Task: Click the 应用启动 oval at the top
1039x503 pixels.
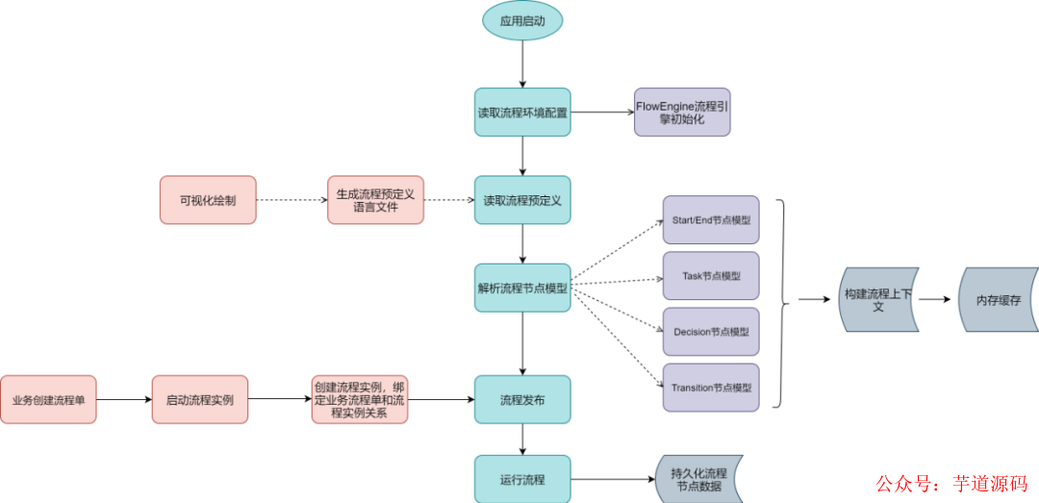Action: pyautogui.click(x=522, y=19)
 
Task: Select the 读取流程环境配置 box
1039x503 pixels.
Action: pyautogui.click(x=522, y=112)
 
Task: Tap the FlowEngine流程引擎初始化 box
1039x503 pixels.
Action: pyautogui.click(x=682, y=112)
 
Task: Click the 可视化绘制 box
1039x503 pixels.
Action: pyautogui.click(x=208, y=200)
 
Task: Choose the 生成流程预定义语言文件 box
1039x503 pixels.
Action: pyautogui.click(x=375, y=200)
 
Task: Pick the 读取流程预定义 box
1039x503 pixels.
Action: pyautogui.click(x=522, y=200)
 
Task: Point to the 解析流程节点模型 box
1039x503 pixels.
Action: pyautogui.click(x=522, y=287)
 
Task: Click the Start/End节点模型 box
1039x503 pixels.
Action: pyautogui.click(x=711, y=220)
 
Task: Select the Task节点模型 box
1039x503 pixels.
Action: pyautogui.click(x=711, y=276)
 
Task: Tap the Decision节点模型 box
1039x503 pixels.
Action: pyautogui.click(x=711, y=332)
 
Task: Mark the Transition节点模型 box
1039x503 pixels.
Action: pyautogui.click(x=711, y=388)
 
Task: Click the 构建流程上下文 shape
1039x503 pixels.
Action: pyautogui.click(x=878, y=300)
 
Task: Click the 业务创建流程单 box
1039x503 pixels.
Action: pyautogui.click(x=48, y=399)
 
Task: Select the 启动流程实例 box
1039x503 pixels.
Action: pyautogui.click(x=200, y=399)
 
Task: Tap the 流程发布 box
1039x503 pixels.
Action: pyautogui.click(x=522, y=399)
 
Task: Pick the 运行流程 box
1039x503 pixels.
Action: pyautogui.click(x=522, y=478)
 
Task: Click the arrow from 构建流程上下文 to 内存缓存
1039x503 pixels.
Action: pyautogui.click(x=938, y=299)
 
